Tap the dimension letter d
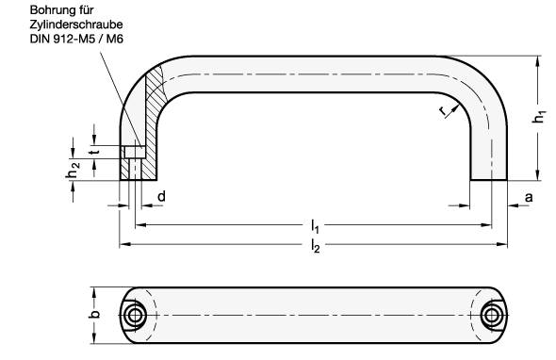[162, 197]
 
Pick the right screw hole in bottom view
[492, 314]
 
